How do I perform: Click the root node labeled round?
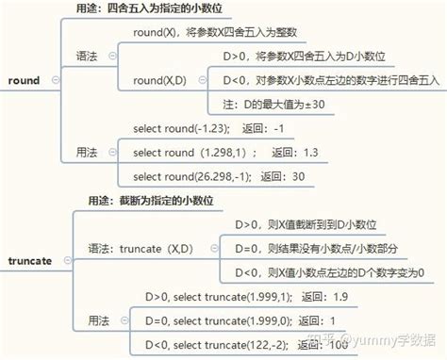22,81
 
